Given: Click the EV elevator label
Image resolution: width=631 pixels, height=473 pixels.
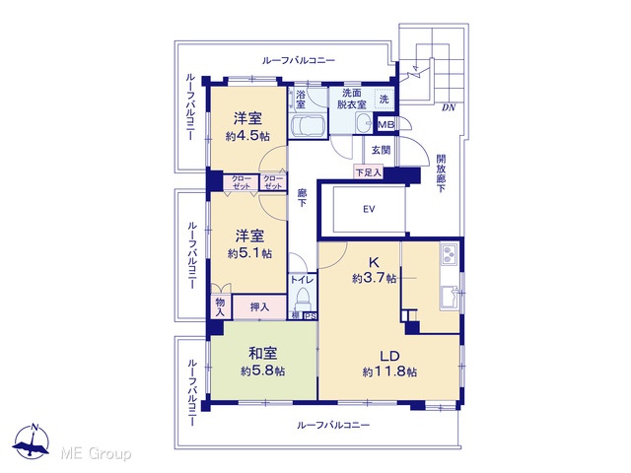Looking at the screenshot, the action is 369,209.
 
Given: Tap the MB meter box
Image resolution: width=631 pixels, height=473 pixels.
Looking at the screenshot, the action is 386,124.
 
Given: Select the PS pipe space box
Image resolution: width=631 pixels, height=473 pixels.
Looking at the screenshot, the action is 310,316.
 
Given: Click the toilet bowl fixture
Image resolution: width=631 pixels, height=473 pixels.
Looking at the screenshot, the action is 302,299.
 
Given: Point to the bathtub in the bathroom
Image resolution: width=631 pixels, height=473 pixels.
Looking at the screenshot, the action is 308,125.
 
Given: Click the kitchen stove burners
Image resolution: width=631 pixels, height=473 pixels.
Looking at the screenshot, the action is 450,253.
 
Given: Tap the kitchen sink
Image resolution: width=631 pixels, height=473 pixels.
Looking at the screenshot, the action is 450,297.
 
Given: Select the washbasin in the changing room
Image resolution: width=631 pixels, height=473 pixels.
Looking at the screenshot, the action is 365,122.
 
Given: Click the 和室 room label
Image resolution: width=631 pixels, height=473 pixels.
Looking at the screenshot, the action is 263,354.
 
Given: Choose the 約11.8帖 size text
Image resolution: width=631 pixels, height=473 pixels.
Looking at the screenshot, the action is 389,372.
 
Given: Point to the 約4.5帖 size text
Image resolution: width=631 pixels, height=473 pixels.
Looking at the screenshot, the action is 247,136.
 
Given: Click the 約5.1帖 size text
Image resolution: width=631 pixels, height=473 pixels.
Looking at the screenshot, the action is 249,253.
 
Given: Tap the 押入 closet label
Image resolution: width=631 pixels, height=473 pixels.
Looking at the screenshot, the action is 259,307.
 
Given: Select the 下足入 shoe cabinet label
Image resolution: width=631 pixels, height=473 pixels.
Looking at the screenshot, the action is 368,173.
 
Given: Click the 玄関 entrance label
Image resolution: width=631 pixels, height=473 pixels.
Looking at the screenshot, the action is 381,150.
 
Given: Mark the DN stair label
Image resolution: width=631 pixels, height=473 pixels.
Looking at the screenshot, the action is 449,107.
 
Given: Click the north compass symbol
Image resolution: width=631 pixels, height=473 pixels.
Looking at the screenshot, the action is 31,441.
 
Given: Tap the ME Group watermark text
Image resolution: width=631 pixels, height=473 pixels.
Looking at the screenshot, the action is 96,454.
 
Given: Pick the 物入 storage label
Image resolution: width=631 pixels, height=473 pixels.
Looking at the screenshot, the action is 220,306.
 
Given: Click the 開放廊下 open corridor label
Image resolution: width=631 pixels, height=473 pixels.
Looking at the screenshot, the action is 442,173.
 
